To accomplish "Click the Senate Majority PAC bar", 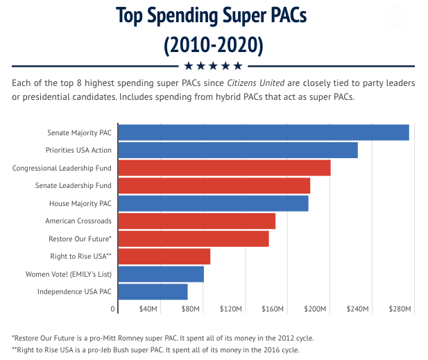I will (264, 132).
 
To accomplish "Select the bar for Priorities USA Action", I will (238, 150).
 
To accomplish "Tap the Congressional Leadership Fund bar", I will (224, 168).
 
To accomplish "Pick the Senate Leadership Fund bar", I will (214, 186).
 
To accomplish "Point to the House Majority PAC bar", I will (213, 204).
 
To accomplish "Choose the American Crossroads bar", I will (197, 221).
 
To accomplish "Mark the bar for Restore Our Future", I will (194, 239).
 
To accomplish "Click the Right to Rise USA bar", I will (164, 257).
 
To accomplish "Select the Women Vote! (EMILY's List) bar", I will (161, 275).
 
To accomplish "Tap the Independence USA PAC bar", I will (153, 292).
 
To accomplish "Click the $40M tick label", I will (149, 309).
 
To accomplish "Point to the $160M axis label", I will (273, 309).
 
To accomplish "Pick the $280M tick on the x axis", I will (400, 309).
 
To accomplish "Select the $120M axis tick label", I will (230, 309).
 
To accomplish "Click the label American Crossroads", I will (78, 221).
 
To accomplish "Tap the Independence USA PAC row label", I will (74, 292).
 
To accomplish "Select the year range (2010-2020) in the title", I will (214, 46).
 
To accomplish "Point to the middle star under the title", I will (214, 66).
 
